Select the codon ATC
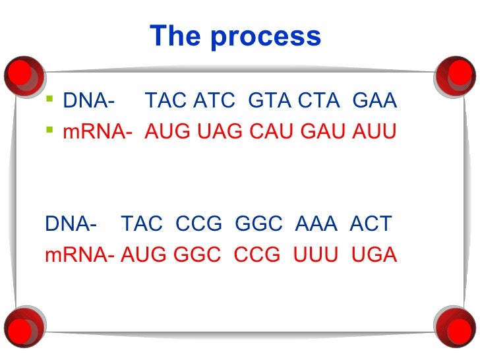(x=214, y=102)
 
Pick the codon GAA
(x=375, y=102)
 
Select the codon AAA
(x=316, y=224)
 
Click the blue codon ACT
(x=371, y=224)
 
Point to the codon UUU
(x=316, y=255)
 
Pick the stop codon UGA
(x=374, y=255)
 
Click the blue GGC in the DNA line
(x=258, y=224)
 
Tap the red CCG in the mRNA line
(x=256, y=255)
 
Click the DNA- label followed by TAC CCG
(x=71, y=224)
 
